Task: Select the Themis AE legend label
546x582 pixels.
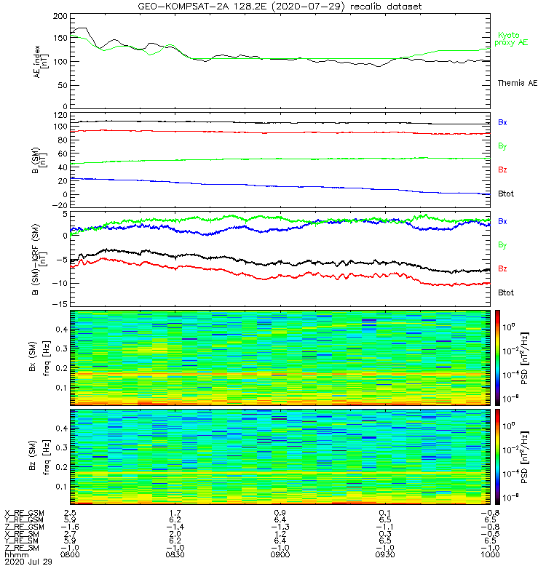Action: pyautogui.click(x=517, y=84)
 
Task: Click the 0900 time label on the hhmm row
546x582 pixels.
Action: pyautogui.click(x=280, y=554)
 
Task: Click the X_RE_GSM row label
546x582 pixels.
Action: pyautogui.click(x=25, y=513)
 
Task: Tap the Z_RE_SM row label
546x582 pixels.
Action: pyautogui.click(x=23, y=548)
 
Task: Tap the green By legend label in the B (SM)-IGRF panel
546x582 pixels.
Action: pyautogui.click(x=502, y=245)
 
